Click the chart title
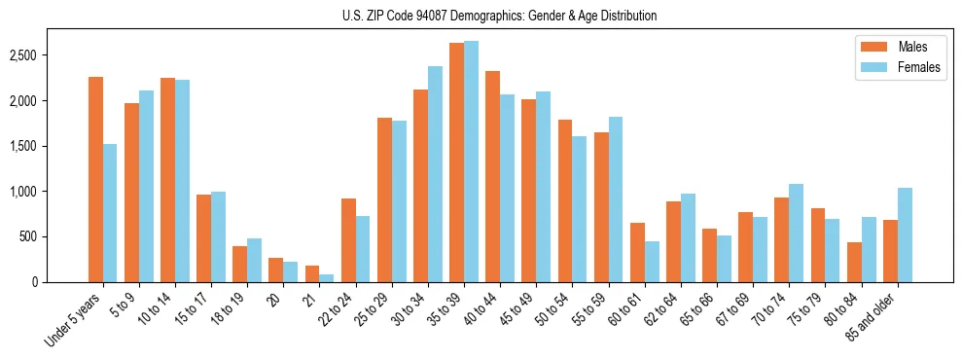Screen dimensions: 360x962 (499, 16)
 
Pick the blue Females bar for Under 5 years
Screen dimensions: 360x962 (110, 213)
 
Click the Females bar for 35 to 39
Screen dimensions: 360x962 (471, 162)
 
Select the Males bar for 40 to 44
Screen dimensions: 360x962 (493, 176)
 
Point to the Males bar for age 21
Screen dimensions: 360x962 (312, 273)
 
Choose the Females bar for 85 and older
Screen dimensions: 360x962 (905, 234)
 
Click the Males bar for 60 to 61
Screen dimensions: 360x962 (637, 252)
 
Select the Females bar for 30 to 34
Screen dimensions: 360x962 (435, 174)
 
